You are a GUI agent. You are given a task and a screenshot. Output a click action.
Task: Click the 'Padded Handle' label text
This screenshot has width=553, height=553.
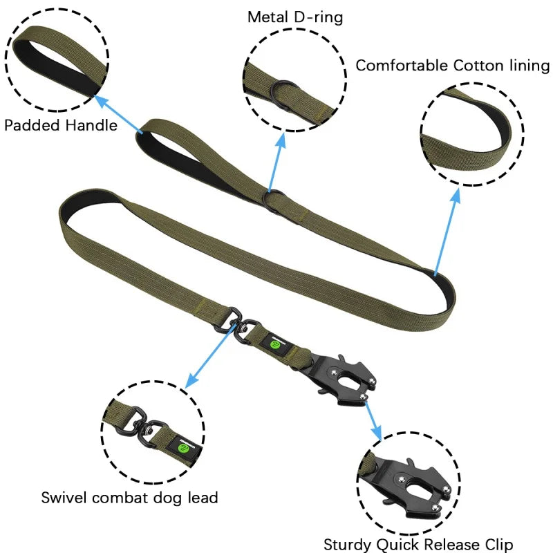pos(60,126)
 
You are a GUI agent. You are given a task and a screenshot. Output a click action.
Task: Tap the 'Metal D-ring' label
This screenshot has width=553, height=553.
pos(294,17)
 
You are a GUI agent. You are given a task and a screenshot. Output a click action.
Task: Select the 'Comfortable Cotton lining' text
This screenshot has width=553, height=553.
pos(452,66)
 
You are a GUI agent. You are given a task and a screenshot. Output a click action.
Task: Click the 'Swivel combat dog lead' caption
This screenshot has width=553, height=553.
pos(129,497)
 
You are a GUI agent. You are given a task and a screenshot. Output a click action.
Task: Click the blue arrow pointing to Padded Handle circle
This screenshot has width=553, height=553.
pos(117,114)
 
